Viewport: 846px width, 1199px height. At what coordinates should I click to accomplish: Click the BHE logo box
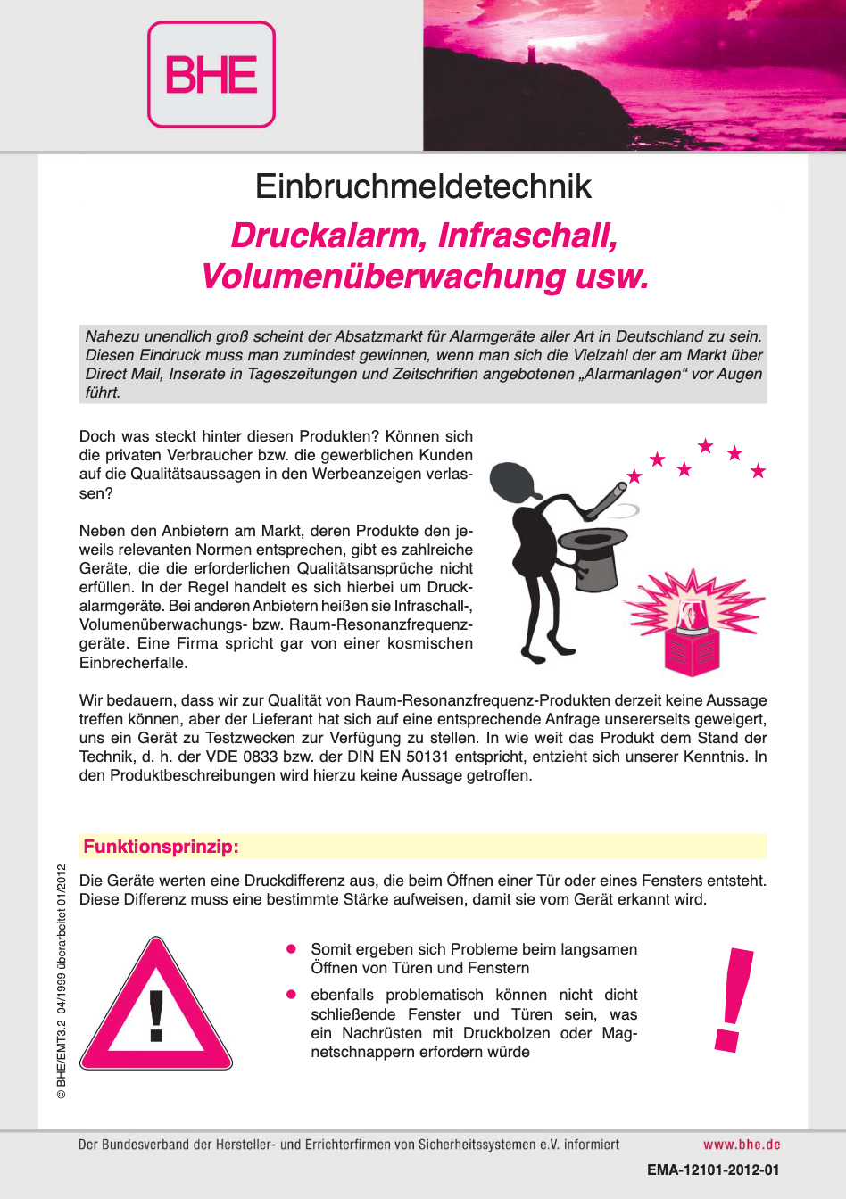211,75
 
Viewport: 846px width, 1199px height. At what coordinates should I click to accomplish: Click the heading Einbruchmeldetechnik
423,186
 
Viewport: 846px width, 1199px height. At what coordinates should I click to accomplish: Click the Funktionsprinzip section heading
162,847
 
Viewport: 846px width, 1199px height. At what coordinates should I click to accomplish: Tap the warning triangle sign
156,1008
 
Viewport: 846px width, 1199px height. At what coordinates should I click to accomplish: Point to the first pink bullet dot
291,949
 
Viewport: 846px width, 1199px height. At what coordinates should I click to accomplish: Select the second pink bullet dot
291,995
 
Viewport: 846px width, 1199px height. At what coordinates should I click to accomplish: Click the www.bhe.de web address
742,1145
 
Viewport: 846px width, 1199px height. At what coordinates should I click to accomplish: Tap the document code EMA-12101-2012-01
713,1170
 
